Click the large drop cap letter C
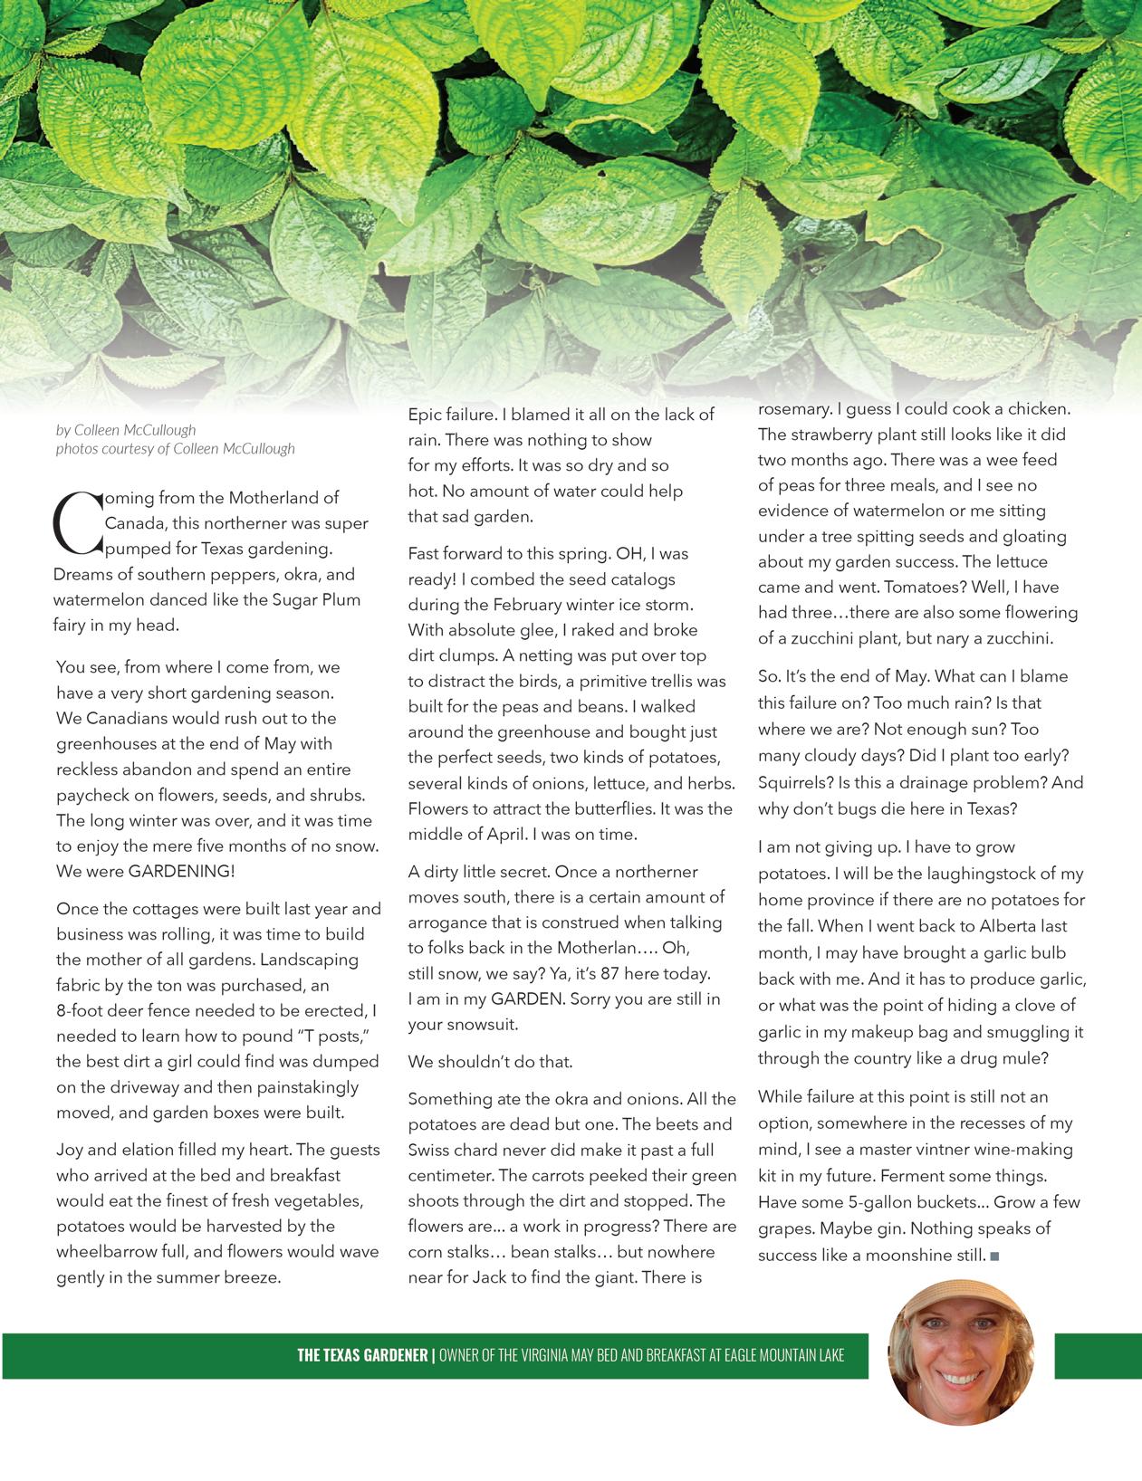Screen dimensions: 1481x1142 pos(77,523)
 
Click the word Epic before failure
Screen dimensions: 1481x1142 pos(425,415)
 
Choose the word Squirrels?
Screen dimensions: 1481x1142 pos(795,782)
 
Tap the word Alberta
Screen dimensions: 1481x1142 pos(1011,926)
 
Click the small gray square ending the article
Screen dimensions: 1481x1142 pos(994,1256)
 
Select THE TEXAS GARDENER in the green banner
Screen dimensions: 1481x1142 pos(362,1355)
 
